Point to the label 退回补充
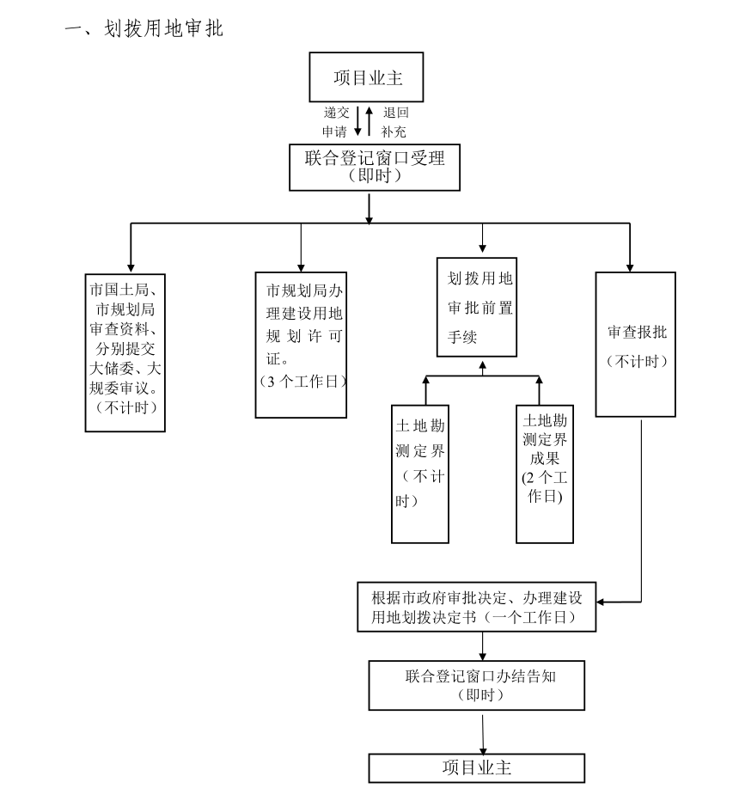point(395,122)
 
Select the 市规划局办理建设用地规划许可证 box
point(302,344)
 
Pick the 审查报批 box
point(635,344)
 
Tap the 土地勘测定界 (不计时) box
point(420,473)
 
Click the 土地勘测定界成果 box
point(544,473)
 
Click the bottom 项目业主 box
point(476,767)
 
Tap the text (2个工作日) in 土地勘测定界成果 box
point(544,486)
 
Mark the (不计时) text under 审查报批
point(636,362)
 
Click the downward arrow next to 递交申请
point(357,122)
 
